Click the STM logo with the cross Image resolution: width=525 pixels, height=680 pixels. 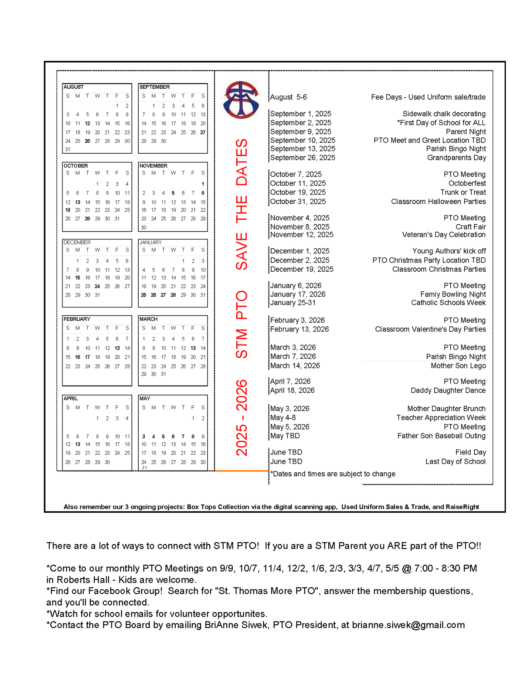pyautogui.click(x=241, y=100)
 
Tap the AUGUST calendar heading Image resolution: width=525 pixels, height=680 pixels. pyautogui.click(x=73, y=87)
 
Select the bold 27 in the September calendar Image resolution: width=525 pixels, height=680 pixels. pyautogui.click(x=203, y=132)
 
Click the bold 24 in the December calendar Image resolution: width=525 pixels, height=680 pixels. pyautogui.click(x=97, y=286)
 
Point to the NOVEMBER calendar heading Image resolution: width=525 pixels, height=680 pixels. pyautogui.click(x=153, y=166)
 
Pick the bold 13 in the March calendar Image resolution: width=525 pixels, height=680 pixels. pyautogui.click(x=193, y=348)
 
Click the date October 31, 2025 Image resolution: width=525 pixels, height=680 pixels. pyautogui.click(x=298, y=201)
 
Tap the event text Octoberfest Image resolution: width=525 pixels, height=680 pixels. pyautogui.click(x=467, y=183)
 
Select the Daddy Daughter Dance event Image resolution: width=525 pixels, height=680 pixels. pyautogui.click(x=448, y=390)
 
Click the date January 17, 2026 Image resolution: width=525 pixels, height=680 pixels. pyautogui.click(x=298, y=294)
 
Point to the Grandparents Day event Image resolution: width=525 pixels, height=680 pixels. pyautogui.click(x=456, y=157)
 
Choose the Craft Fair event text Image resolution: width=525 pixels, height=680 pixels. pyautogui.click(x=471, y=227)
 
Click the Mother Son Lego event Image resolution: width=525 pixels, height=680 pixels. pyautogui.click(x=458, y=365)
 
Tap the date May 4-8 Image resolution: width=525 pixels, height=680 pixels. pyautogui.click(x=283, y=418)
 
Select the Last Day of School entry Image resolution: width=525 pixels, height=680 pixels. pyautogui.click(x=455, y=461)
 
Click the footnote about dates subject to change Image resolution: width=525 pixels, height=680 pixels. pyautogui.click(x=333, y=474)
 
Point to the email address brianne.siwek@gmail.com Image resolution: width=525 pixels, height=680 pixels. pyautogui.click(x=408, y=625)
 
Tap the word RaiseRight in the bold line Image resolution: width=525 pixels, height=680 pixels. pyautogui.click(x=462, y=507)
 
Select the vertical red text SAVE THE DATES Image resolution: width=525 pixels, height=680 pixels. pyautogui.click(x=242, y=204)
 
